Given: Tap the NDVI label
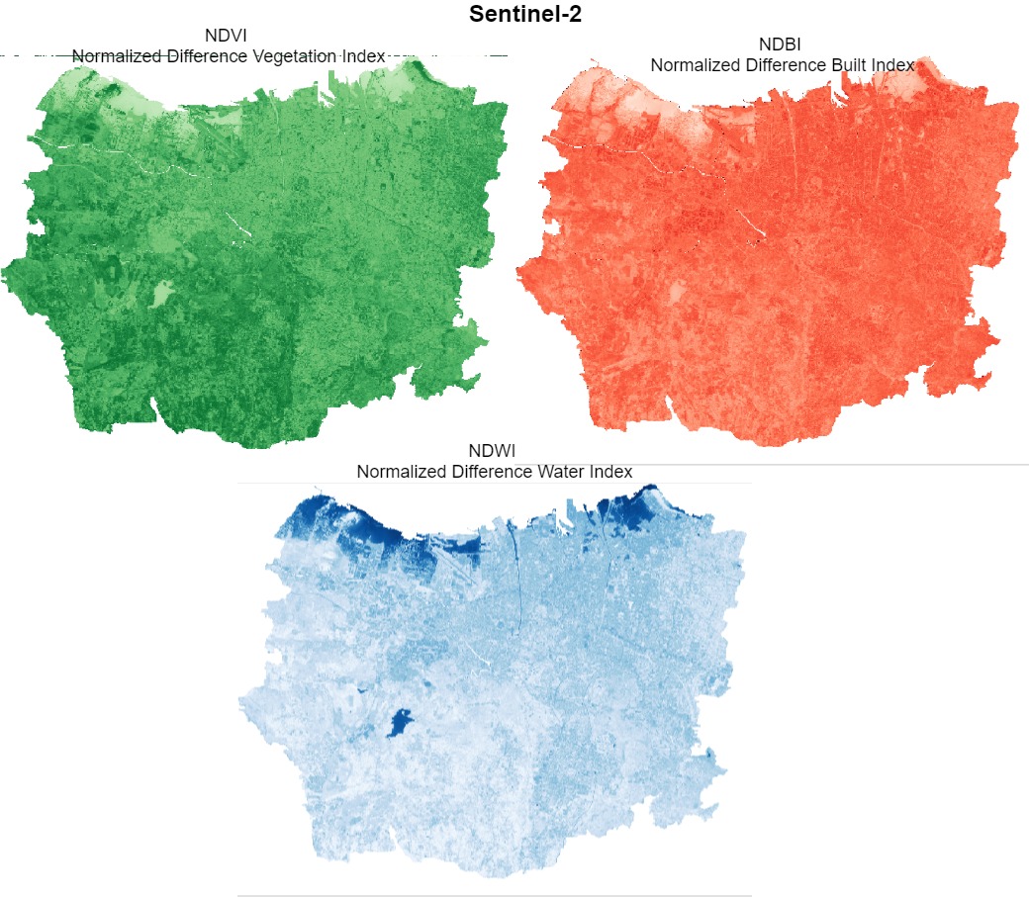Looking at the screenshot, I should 226,37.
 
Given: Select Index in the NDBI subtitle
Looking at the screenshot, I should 893,64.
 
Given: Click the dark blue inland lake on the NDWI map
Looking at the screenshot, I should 399,723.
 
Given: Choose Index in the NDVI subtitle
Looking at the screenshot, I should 361,56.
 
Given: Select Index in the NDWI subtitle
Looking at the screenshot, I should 610,472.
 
